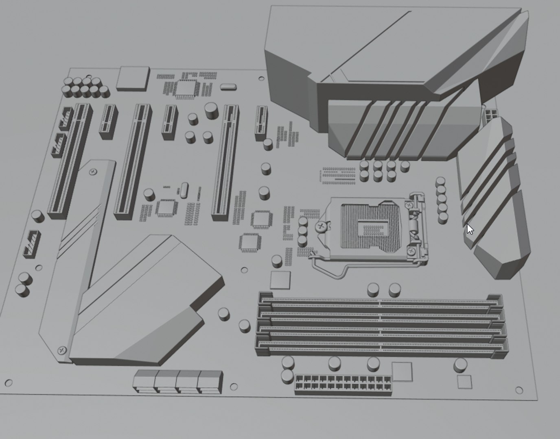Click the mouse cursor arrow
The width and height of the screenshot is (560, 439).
pyautogui.click(x=470, y=229)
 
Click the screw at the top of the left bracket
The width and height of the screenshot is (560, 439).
pyautogui.click(x=93, y=172)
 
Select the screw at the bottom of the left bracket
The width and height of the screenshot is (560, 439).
pyautogui.click(x=62, y=349)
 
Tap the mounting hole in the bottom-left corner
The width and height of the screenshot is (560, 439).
pyautogui.click(x=8, y=382)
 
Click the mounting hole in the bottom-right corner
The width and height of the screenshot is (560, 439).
pyautogui.click(x=519, y=390)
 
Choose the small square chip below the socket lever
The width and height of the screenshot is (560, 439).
pyautogui.click(x=280, y=280)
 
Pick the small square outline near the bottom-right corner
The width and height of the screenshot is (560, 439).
pyautogui.click(x=464, y=382)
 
